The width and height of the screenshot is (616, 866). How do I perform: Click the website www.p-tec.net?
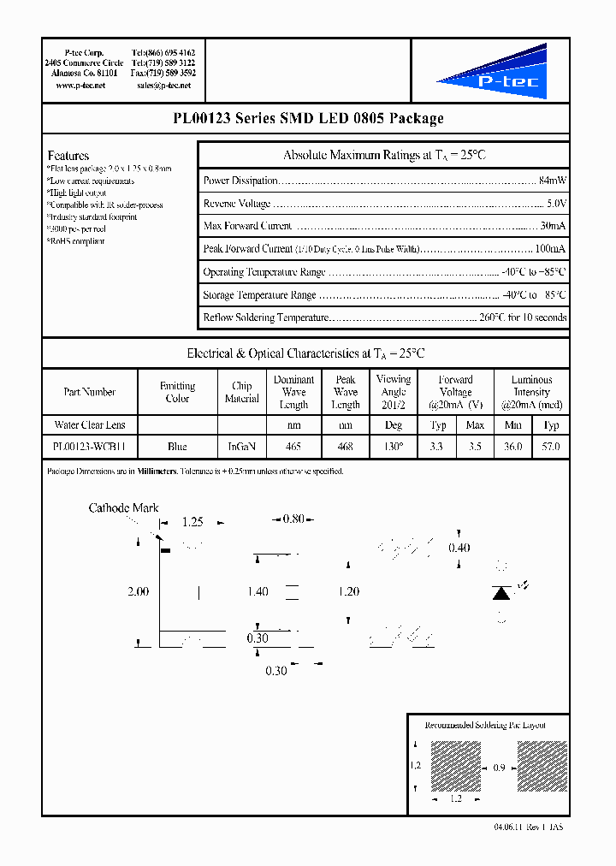pos(80,86)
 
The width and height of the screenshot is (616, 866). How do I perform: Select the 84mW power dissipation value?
pos(552,181)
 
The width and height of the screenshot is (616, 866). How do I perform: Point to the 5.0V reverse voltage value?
pos(556,204)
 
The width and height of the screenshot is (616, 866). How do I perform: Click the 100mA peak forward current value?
pos(549,249)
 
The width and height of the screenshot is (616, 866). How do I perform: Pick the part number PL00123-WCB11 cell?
pos(89,447)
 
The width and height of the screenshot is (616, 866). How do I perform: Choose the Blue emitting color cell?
pos(177,447)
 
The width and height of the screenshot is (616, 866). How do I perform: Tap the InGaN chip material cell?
pos(241,447)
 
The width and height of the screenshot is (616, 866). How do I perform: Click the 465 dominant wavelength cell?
pos(293,447)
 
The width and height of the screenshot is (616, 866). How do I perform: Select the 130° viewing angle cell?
pos(394,447)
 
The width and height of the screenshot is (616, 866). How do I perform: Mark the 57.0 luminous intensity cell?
pos(551,447)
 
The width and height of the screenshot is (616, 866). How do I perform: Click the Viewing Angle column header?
pos(394,392)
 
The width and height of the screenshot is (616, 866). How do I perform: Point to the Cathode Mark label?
pos(124,508)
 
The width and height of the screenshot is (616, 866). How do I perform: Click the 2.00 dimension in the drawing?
pos(137,591)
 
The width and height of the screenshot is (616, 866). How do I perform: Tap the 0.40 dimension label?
pos(459,548)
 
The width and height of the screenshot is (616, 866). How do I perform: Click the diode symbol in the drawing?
pos(502,592)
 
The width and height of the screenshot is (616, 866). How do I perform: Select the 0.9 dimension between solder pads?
pos(499,768)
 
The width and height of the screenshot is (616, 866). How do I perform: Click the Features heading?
pos(68,156)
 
